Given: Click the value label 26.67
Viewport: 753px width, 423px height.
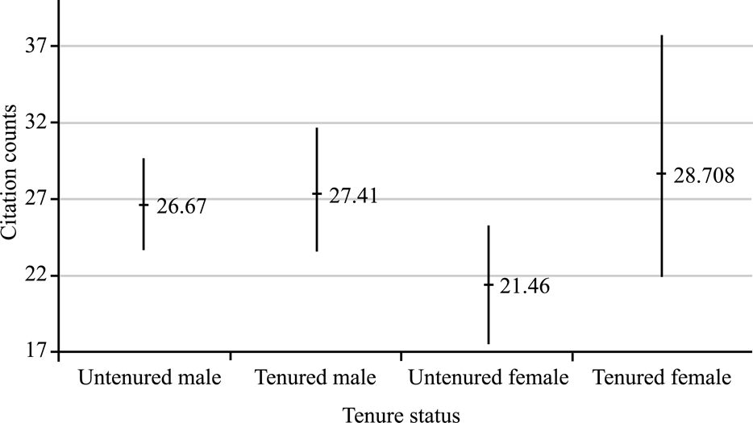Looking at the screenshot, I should click(x=181, y=206).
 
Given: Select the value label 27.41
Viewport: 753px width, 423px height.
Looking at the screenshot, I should click(x=353, y=196).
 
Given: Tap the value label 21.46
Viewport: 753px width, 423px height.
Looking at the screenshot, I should click(x=525, y=286).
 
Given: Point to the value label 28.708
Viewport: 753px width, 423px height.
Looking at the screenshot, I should click(x=704, y=176).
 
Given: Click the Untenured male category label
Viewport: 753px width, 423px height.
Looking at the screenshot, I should click(x=150, y=377).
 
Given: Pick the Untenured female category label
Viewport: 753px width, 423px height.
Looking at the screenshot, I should click(x=489, y=377).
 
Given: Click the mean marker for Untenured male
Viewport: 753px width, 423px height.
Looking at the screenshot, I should click(x=144, y=205).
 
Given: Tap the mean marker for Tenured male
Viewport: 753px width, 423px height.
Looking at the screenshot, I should click(x=317, y=194).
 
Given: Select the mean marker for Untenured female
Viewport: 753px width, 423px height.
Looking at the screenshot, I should click(x=489, y=284).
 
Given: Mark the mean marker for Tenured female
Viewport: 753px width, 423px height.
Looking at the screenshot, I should click(x=661, y=173).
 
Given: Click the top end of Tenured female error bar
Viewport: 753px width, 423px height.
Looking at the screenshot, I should click(x=661, y=36).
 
